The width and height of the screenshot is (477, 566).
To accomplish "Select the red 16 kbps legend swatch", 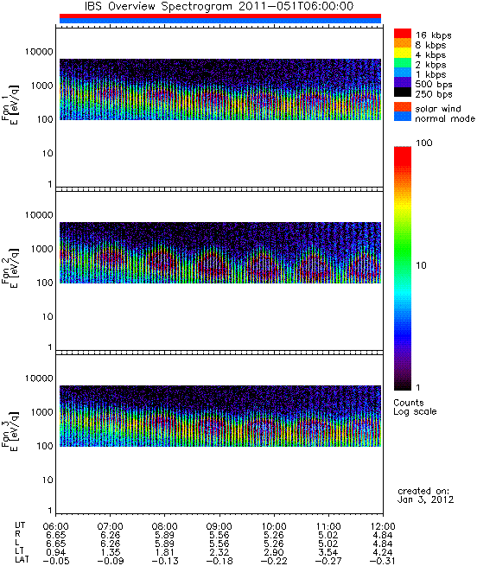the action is click(403, 33).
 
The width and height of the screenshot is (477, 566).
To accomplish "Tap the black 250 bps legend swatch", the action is click(403, 92).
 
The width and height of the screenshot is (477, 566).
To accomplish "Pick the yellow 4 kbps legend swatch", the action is click(403, 53).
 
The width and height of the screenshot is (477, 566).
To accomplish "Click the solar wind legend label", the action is click(437, 109).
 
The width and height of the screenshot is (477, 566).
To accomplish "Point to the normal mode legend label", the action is click(445, 118).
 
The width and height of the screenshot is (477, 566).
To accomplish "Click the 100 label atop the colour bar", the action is click(424, 143).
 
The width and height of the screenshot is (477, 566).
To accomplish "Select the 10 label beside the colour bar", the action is click(422, 265).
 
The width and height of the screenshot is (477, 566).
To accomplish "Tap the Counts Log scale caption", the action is click(415, 407).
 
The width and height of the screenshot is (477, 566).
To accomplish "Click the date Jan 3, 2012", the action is click(425, 500).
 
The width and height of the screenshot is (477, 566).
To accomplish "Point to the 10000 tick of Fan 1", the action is click(39, 52).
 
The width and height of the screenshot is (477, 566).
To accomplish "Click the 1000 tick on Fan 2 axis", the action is click(41, 249).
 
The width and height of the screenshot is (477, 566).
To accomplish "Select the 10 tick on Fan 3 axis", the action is click(48, 480).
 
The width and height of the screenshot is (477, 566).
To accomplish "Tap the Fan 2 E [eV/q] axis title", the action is click(10, 266).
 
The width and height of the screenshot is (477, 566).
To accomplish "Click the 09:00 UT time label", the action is click(219, 526).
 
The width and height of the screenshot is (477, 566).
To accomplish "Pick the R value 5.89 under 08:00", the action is click(165, 535).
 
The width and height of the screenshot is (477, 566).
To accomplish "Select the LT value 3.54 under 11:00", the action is click(328, 552).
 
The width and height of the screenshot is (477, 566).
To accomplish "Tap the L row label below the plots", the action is click(17, 544).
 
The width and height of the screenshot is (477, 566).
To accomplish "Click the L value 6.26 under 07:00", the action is click(111, 544).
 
